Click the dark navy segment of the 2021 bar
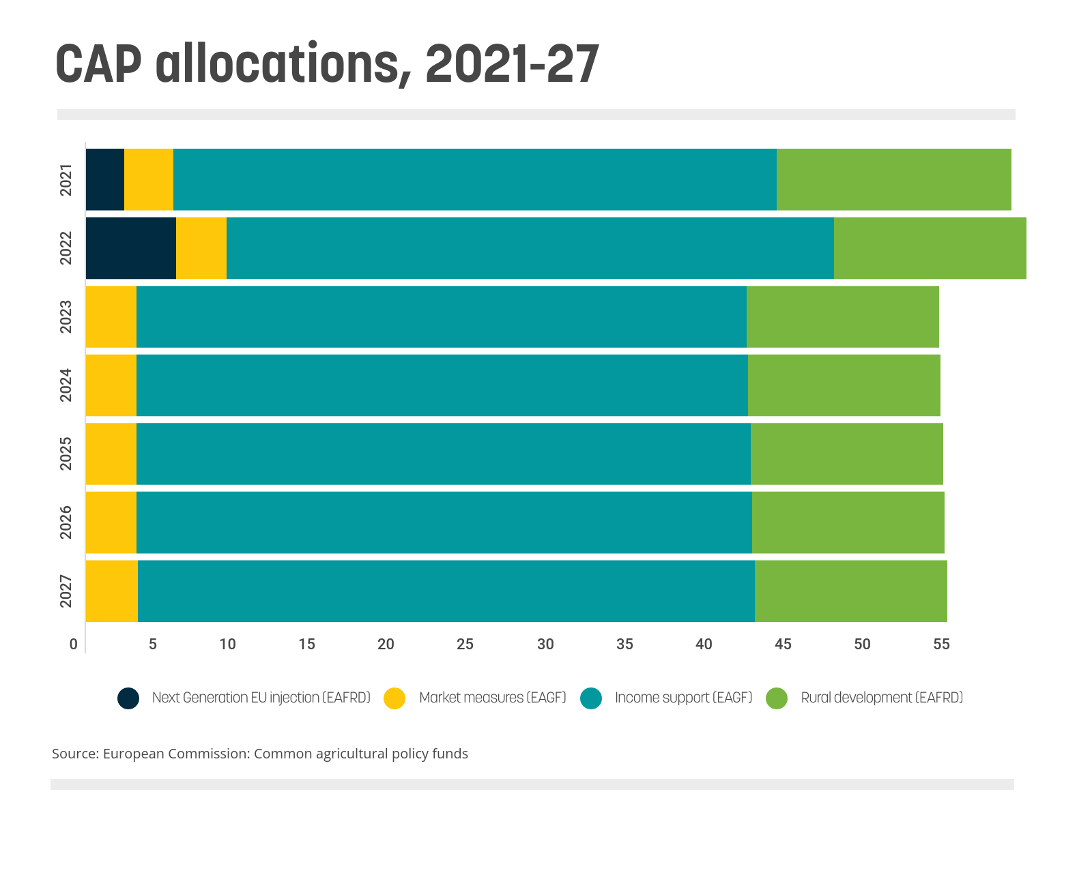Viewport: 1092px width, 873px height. pyautogui.click(x=105, y=179)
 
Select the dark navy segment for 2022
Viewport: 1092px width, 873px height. pyautogui.click(x=131, y=248)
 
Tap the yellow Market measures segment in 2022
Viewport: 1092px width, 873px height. pyautogui.click(x=201, y=248)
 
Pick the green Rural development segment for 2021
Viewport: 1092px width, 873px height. pyautogui.click(x=894, y=179)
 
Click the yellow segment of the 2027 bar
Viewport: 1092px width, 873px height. pyautogui.click(x=112, y=591)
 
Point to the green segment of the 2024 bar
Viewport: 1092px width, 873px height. pyautogui.click(x=844, y=385)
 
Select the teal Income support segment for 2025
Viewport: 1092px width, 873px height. pyautogui.click(x=444, y=454)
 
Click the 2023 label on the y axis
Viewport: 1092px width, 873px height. pyautogui.click(x=66, y=317)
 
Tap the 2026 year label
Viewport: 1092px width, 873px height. pyautogui.click(x=66, y=522)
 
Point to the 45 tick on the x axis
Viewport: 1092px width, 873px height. pyautogui.click(x=783, y=644)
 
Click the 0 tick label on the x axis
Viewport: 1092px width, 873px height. pyautogui.click(x=74, y=644)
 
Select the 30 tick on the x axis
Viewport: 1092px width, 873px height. pyautogui.click(x=545, y=644)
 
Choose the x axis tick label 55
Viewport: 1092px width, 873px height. pyautogui.click(x=941, y=644)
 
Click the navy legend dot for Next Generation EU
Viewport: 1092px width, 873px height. pyautogui.click(x=128, y=698)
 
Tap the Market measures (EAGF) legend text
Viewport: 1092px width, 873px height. pyautogui.click(x=493, y=698)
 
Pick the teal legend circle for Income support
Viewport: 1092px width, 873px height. pyautogui.click(x=591, y=698)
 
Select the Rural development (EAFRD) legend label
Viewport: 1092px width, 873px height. pyautogui.click(x=882, y=698)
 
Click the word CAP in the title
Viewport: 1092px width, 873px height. pyautogui.click(x=98, y=64)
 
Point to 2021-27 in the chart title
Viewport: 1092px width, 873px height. pyautogui.click(x=512, y=64)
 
